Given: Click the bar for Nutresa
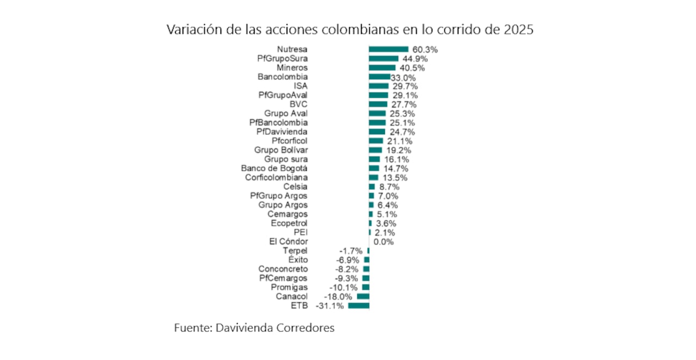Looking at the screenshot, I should (388, 49).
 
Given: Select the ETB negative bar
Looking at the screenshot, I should (358, 306).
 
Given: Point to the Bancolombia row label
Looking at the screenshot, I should (282, 77).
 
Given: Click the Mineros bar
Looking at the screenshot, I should (382, 67).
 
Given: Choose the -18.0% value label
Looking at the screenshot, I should (338, 296).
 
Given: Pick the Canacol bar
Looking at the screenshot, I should (363, 296).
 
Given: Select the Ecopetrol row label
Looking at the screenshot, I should (289, 223).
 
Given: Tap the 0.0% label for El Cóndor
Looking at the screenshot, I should (383, 241).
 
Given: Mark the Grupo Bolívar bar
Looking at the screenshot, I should (375, 150).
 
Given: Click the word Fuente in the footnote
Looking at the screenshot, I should (192, 328).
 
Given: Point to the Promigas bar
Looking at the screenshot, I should (365, 287).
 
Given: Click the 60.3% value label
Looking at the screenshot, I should (425, 49).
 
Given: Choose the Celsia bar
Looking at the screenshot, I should (372, 187).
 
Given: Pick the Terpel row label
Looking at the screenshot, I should (295, 251).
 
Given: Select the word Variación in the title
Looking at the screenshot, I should (193, 29).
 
